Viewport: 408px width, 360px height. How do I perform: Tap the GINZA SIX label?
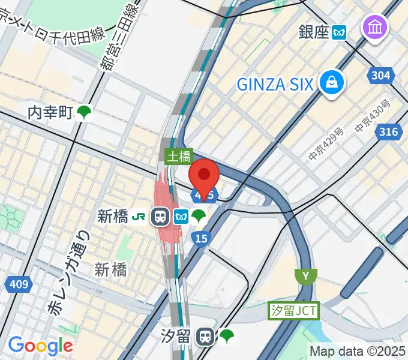tap(275, 84)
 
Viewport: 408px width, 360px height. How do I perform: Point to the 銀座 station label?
tap(314, 31)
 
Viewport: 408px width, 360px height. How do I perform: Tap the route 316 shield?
tap(388, 132)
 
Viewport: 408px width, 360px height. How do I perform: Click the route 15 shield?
tap(201, 239)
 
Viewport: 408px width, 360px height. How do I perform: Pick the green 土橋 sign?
tap(178, 157)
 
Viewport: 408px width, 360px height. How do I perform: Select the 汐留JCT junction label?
tap(293, 310)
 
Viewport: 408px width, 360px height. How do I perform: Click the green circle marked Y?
tap(306, 277)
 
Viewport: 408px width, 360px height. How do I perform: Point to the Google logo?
tap(40, 346)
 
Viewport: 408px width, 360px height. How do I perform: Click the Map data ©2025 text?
tap(358, 351)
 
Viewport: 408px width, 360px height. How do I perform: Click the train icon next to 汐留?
tap(206, 337)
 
